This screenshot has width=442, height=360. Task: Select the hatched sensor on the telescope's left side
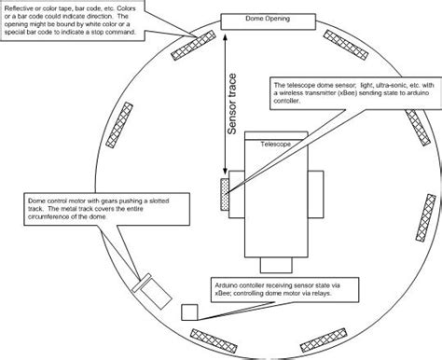tap(224, 196)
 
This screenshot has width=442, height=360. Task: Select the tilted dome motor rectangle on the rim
tap(143, 288)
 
